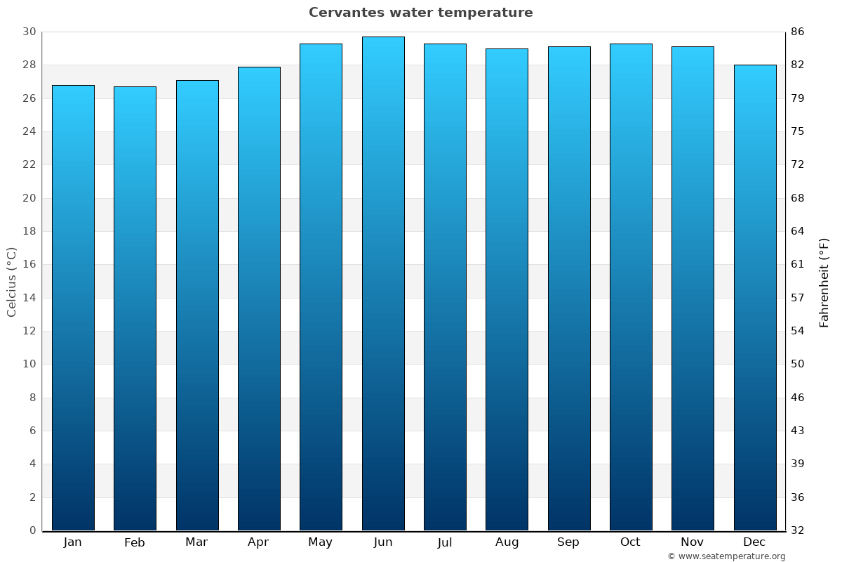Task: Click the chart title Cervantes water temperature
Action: point(420,13)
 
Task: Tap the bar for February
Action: point(135,308)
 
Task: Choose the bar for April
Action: point(259,299)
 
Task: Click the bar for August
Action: point(507,289)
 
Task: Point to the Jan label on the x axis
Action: point(72,542)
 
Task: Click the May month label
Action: point(321,542)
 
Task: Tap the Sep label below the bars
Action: point(568,542)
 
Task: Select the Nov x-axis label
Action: point(693,542)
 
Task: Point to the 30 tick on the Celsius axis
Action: point(29,32)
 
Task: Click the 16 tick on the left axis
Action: point(29,265)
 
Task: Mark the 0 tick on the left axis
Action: point(32,530)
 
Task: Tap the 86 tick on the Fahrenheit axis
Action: point(798,32)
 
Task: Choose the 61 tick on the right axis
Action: point(798,265)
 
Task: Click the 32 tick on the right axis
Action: point(798,530)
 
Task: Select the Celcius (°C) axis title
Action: point(11,282)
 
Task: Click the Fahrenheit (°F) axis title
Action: point(824,282)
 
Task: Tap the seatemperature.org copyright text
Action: point(726,556)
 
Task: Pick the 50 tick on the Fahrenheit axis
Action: point(798,364)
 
